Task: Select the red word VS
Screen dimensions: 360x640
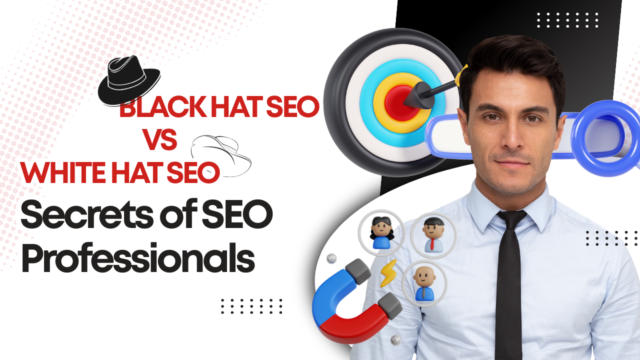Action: (160, 140)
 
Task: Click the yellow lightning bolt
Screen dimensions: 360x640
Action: (388, 272)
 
